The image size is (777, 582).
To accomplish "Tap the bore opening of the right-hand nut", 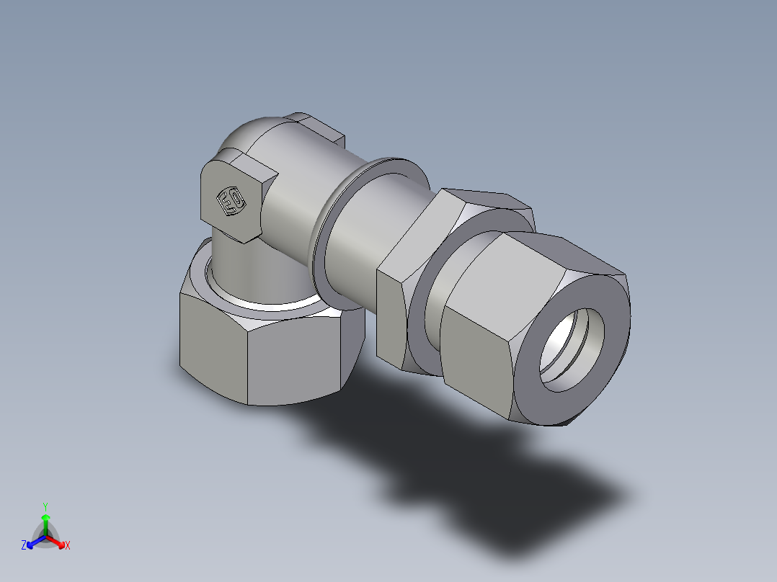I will pos(572,349).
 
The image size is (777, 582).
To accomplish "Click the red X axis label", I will pos(68,546).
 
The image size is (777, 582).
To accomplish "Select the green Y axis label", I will pos(45,506).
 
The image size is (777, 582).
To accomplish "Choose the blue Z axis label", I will pos(24,546).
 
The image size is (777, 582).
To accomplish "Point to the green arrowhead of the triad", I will pos(45,517).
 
